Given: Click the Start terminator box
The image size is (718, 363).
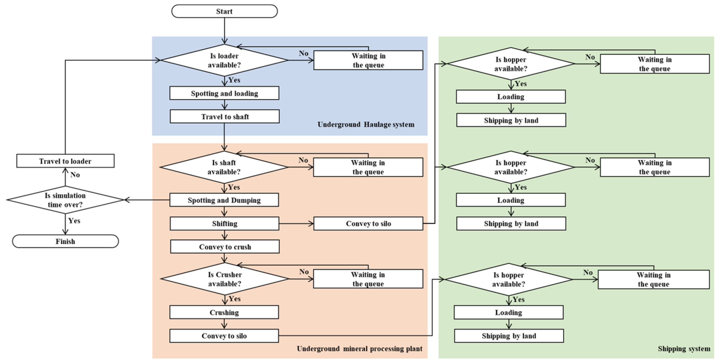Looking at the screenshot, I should (x=224, y=11).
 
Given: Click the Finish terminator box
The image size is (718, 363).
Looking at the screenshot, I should (x=66, y=241).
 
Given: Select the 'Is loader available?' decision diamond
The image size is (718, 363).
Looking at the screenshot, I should (x=224, y=60).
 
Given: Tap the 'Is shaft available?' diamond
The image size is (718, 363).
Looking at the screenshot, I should (x=224, y=167).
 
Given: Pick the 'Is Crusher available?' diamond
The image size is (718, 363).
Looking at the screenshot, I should (x=225, y=279).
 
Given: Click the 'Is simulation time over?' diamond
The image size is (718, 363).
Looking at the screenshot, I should (x=65, y=200).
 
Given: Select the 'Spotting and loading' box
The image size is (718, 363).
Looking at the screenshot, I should (x=224, y=93).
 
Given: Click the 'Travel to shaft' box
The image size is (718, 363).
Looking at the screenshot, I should (x=225, y=117).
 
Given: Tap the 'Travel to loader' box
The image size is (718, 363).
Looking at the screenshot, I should (x=65, y=161).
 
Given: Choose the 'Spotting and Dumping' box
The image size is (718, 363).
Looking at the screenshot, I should (x=224, y=200).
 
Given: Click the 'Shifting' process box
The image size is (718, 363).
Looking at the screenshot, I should (x=225, y=224).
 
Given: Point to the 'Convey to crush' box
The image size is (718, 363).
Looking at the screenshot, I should (x=225, y=247).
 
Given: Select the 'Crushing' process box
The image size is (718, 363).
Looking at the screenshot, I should (x=224, y=312).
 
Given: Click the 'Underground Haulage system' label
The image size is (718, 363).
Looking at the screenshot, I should (x=366, y=124).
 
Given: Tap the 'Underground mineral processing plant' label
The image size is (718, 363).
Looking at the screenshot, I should (x=360, y=349).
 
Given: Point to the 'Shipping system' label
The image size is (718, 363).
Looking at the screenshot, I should (x=684, y=349).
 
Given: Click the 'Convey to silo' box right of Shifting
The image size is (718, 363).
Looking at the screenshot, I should (x=368, y=224).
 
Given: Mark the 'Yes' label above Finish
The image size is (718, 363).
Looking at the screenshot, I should (x=74, y=221).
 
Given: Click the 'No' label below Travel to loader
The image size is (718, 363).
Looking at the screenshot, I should (x=75, y=174).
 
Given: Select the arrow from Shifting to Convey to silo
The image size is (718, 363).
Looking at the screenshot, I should (x=296, y=224).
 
